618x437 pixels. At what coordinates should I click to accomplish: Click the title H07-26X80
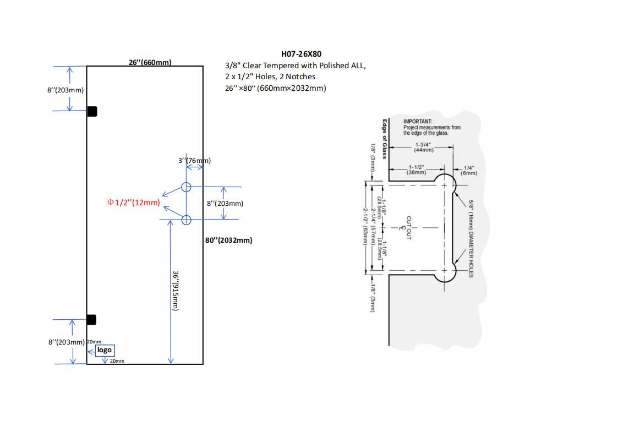click(301, 54)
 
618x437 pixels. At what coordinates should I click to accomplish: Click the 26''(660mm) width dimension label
click(150, 62)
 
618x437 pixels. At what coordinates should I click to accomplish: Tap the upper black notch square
click(92, 111)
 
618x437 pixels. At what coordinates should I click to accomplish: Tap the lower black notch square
click(92, 320)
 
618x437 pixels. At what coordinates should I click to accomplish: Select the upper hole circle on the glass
click(186, 187)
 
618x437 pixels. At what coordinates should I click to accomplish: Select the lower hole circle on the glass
click(186, 220)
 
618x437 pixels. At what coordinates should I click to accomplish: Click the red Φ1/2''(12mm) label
click(134, 203)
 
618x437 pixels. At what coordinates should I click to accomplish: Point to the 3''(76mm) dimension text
click(194, 161)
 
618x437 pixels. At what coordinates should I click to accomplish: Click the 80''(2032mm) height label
click(229, 240)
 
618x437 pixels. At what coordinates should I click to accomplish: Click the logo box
click(105, 350)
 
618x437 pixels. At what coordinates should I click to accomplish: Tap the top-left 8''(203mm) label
click(65, 90)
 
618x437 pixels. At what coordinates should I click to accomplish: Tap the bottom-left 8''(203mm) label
click(67, 342)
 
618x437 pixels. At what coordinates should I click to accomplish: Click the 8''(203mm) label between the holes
click(225, 203)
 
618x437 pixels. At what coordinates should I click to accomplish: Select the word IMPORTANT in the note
click(417, 122)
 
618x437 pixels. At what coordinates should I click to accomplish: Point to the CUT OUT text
click(409, 227)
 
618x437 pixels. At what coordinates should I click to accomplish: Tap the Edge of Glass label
click(385, 139)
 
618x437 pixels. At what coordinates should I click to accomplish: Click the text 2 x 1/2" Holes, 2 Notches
click(270, 77)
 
